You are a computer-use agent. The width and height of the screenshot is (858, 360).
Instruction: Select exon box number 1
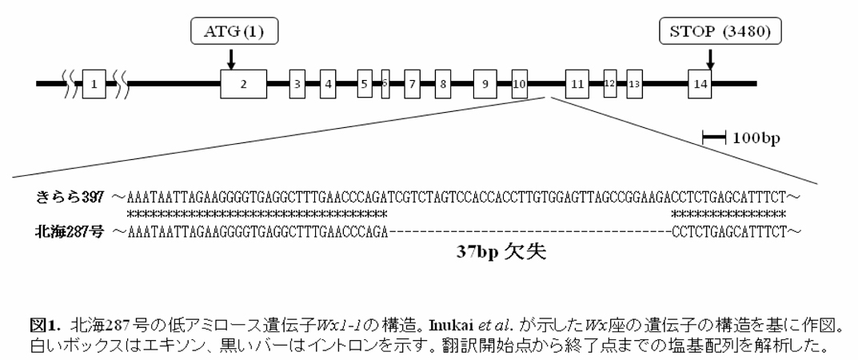(94, 82)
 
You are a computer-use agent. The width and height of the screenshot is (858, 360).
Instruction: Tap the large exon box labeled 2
(244, 82)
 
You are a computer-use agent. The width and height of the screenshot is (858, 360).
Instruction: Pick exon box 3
(297, 82)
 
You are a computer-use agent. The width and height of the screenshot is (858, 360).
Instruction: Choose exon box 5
(365, 82)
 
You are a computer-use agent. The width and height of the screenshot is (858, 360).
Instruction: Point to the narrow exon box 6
(385, 82)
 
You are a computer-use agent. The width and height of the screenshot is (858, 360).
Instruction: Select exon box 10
(519, 82)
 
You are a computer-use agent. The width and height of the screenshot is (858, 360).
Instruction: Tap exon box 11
(577, 82)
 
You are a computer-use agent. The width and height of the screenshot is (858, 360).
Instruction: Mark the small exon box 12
(610, 82)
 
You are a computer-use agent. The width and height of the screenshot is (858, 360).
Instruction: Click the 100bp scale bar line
(713, 139)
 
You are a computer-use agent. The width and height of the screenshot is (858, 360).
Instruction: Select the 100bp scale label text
(756, 139)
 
